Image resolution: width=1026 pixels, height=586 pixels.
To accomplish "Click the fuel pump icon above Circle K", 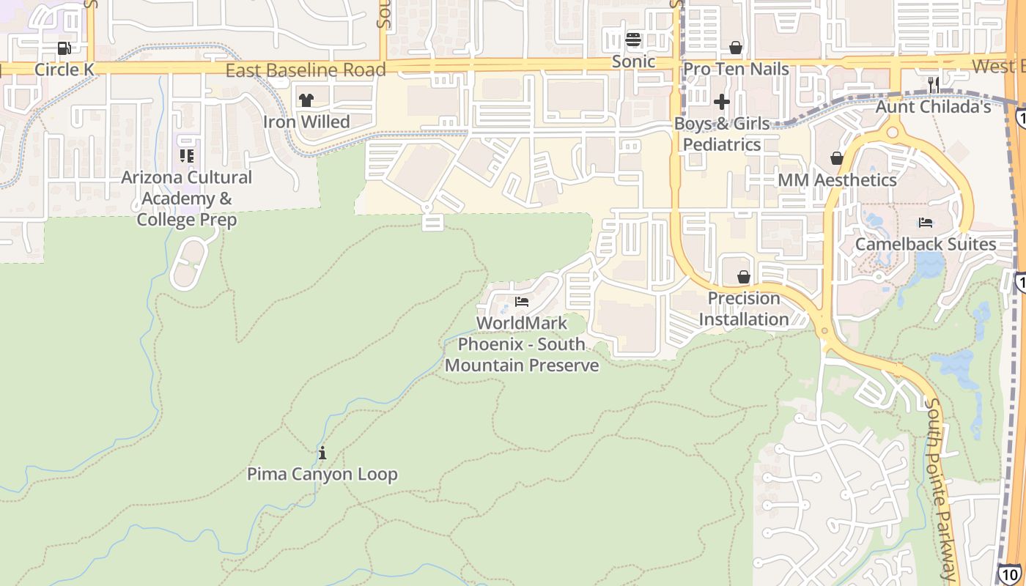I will [x=64, y=48].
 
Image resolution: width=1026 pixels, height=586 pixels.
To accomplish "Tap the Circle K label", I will [x=65, y=70].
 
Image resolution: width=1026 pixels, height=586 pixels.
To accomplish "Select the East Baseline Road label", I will [x=305, y=70].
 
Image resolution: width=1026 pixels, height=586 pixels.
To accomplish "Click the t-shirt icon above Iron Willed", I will [x=306, y=100].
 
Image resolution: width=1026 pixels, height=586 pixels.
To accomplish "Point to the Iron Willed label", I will [x=306, y=122].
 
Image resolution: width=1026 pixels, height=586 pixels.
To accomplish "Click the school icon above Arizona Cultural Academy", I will [x=187, y=156].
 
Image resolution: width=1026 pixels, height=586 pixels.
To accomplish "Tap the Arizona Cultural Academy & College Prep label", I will [x=186, y=199].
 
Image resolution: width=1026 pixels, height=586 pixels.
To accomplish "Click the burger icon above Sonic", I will [x=633, y=40].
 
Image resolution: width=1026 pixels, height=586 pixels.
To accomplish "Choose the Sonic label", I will [x=633, y=62].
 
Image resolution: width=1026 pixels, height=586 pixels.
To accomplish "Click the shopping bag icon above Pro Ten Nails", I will [x=736, y=48].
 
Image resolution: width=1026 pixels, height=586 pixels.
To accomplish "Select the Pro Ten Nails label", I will [x=736, y=70].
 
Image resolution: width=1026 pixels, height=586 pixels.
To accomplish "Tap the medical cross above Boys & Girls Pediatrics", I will [x=722, y=102].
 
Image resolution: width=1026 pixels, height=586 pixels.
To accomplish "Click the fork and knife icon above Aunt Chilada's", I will [x=934, y=85].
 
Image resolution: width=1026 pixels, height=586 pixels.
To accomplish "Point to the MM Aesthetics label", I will [x=837, y=180].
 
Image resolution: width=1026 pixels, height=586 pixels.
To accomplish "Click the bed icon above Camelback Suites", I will [x=926, y=223].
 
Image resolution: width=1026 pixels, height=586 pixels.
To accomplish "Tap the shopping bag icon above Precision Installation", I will [x=744, y=277].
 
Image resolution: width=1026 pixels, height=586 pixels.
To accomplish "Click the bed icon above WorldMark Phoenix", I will [x=522, y=302].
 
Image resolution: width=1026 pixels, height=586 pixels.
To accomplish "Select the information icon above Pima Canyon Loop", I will [x=322, y=453].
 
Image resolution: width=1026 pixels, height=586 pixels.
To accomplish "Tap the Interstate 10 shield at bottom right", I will [x=1009, y=574].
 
